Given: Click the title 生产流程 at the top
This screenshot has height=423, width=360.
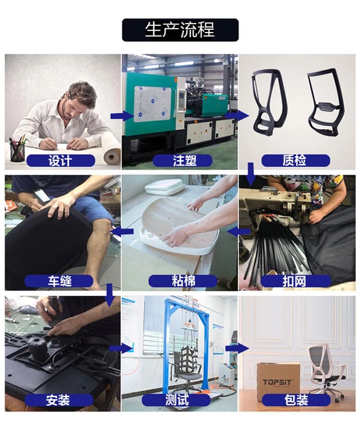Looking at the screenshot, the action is pos(180,30).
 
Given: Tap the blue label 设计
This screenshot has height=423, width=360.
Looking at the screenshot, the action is pos(60,161).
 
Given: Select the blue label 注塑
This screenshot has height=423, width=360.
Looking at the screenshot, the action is pos(182,161).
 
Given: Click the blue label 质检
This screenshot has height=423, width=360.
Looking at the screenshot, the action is pos(296,161).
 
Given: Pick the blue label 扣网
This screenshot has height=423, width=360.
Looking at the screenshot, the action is pos(295,281).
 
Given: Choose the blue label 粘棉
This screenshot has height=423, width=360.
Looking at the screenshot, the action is pos(183,281).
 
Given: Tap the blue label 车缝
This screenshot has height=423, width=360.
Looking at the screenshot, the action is pos(59,281).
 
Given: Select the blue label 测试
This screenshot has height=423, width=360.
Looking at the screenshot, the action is pos(176,400).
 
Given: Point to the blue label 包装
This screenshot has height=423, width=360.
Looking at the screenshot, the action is pos(296,400).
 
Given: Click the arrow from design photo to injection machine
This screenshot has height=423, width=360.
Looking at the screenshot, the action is pos(122,116).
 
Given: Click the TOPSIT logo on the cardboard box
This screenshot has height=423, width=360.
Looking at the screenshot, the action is pos(277,383).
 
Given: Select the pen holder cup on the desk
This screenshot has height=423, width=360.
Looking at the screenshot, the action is pos(17,151).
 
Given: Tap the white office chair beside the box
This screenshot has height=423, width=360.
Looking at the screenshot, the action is pos(326,372).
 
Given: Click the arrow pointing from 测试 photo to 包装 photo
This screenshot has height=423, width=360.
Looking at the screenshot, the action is pos(237,348).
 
